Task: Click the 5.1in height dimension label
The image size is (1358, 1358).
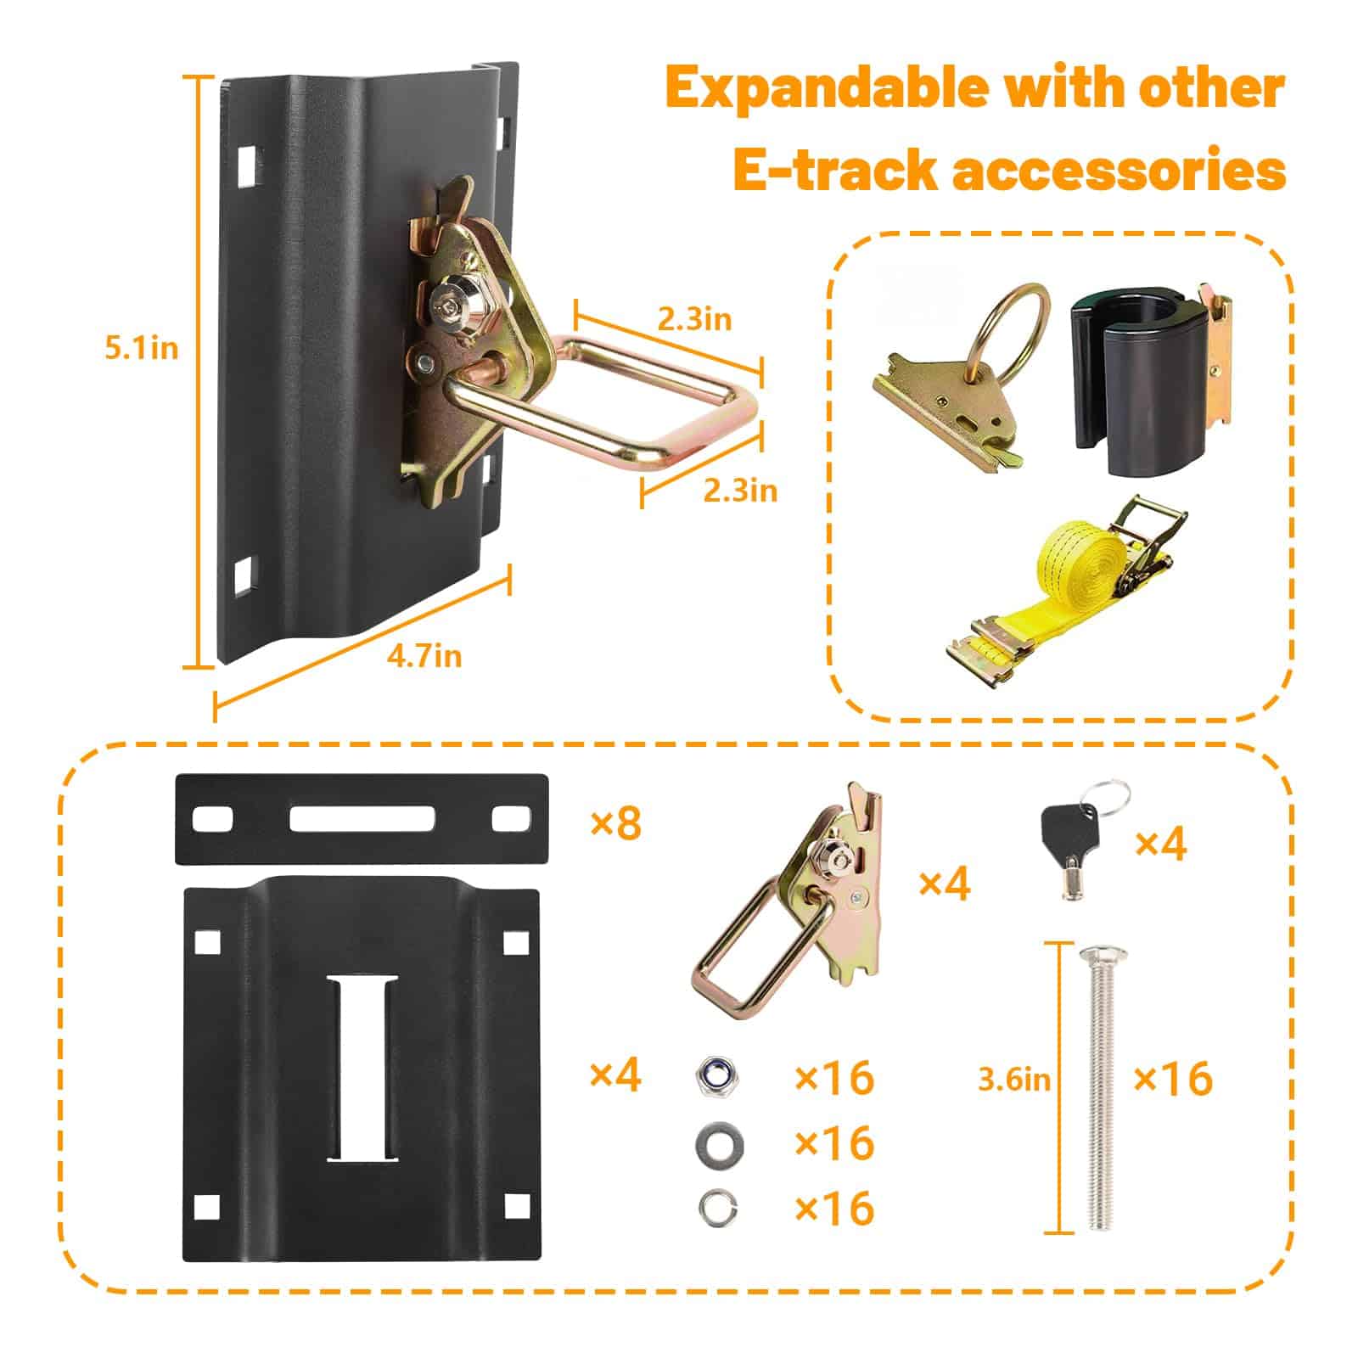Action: [142, 349]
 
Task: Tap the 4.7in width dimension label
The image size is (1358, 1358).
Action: [424, 656]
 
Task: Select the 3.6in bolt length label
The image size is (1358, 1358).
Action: [1014, 1080]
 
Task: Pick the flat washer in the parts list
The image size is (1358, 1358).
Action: [716, 1142]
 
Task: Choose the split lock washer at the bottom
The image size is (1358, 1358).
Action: [716, 1205]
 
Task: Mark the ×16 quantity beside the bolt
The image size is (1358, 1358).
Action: [1174, 1079]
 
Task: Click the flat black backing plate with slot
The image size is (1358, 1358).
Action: [362, 819]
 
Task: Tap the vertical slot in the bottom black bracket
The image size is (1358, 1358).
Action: [363, 1069]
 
